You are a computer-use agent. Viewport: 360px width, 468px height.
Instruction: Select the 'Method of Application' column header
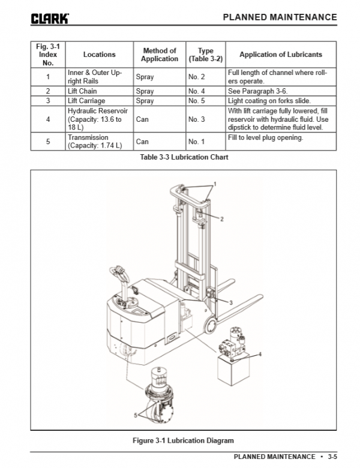[159, 55]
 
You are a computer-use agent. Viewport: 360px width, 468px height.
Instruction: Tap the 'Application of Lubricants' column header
[281, 55]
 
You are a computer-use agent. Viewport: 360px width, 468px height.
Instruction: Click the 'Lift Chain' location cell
[83, 91]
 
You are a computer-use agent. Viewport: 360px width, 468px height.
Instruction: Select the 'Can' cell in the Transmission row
[142, 142]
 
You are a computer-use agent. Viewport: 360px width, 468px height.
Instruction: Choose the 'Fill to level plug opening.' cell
[265, 138]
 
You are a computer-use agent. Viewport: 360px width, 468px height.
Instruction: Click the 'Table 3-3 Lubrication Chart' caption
[184, 157]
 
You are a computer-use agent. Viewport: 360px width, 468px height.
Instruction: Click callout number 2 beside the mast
[221, 220]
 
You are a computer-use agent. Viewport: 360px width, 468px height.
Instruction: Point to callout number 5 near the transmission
[135, 415]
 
